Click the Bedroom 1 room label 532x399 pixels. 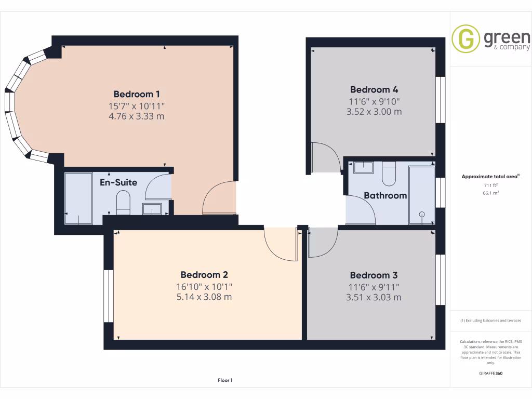(136, 94)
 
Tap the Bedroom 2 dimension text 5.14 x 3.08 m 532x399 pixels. (204, 297)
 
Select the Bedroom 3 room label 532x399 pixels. (374, 275)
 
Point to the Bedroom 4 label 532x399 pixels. (374, 89)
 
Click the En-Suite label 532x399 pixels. (118, 182)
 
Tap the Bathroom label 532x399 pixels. (385, 195)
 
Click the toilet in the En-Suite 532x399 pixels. (123, 203)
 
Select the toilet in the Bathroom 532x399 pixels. (389, 174)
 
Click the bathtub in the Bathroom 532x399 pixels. (421, 195)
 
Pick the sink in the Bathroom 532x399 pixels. (363, 167)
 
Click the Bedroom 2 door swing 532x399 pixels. (281, 243)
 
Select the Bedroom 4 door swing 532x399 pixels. (325, 158)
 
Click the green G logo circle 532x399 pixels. (465, 38)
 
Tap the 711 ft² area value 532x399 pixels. (490, 185)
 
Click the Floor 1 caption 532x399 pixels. (225, 380)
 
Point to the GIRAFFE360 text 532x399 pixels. (490, 373)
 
